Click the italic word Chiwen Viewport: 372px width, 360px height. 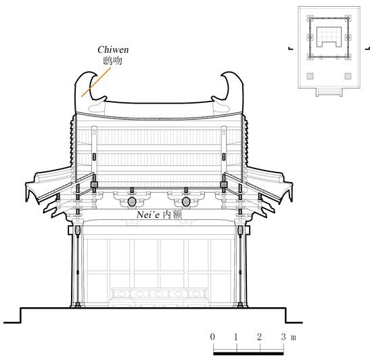click(113, 49)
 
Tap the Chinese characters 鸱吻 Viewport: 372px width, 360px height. click(113, 61)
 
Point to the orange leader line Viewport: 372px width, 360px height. click(96, 82)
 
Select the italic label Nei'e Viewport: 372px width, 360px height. click(148, 215)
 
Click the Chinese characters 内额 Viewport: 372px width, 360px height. click(173, 215)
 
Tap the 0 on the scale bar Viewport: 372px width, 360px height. click(212, 337)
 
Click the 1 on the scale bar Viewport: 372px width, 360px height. click(235, 337)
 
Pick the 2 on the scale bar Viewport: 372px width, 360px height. click(259, 337)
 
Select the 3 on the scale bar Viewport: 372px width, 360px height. click(283, 337)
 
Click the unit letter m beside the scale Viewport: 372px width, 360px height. click(294, 338)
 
